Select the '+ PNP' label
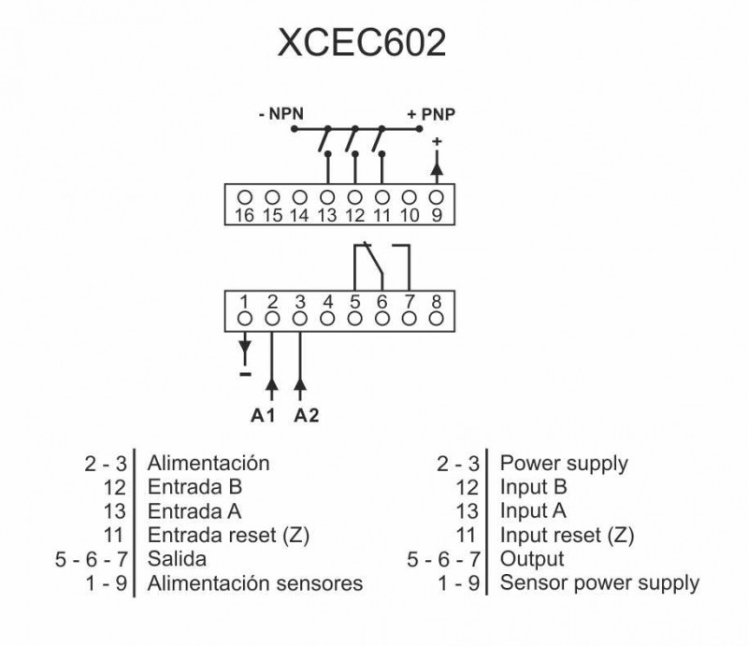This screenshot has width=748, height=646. pyautogui.click(x=431, y=115)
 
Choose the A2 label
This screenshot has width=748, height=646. pyautogui.click(x=307, y=415)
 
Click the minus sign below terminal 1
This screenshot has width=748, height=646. pyautogui.click(x=245, y=374)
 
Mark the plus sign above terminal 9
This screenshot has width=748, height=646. pyautogui.click(x=436, y=141)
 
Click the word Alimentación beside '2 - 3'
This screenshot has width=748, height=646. pyautogui.click(x=209, y=463)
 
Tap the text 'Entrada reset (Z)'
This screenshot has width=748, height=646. pyautogui.click(x=228, y=536)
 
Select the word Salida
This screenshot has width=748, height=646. pyautogui.click(x=177, y=559)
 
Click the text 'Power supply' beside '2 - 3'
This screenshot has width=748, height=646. pyautogui.click(x=564, y=463)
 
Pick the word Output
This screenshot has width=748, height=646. pyautogui.click(x=532, y=559)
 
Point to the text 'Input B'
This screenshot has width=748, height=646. pyautogui.click(x=534, y=487)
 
